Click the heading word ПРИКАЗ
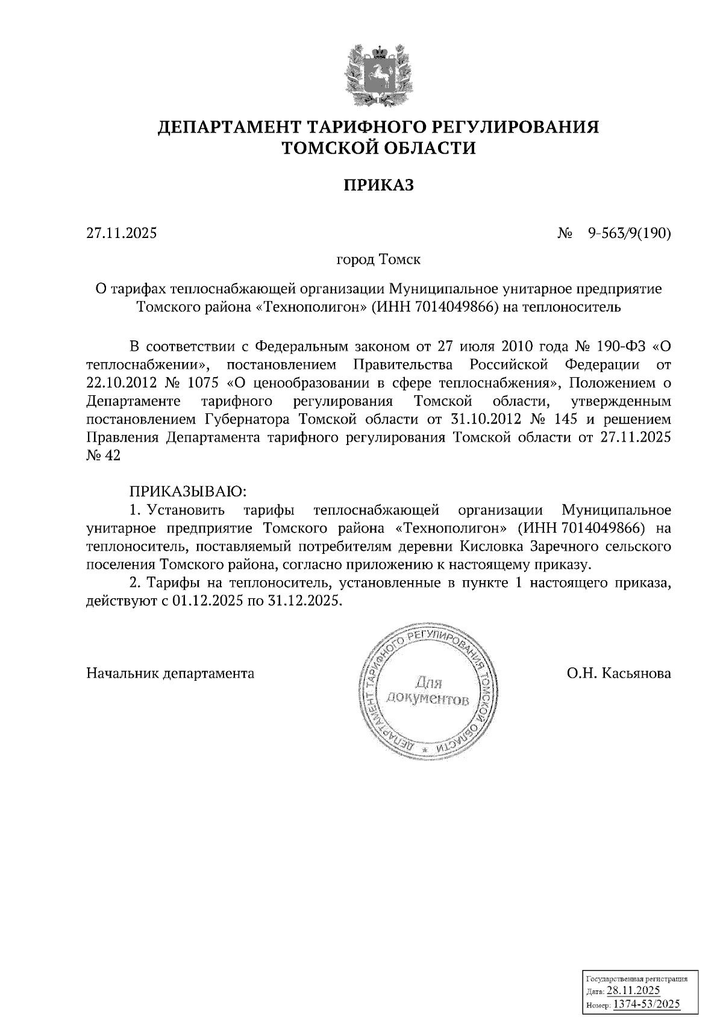(x=379, y=185)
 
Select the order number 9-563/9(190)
(x=629, y=233)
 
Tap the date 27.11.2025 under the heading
(x=121, y=233)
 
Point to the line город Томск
(x=378, y=260)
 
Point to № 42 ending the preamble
(x=104, y=456)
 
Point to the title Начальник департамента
(x=171, y=673)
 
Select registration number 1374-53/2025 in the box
(x=646, y=1003)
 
